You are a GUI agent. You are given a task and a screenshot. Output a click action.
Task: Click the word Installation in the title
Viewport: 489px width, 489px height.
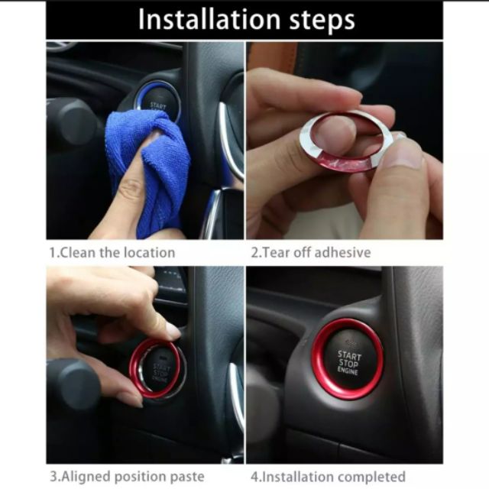209,20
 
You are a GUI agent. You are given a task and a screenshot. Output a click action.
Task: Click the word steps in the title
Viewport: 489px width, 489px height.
322,21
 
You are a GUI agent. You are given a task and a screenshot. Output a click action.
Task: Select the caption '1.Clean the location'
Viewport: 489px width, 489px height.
112,253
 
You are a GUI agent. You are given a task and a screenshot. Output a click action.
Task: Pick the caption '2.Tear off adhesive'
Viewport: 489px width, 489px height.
311,252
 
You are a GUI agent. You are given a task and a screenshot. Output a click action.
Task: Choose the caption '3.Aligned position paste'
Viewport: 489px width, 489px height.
128,477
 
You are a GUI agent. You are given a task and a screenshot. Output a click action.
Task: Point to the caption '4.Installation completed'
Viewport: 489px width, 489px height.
328,477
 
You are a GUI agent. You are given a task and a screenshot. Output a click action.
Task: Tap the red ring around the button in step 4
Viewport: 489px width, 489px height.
314,358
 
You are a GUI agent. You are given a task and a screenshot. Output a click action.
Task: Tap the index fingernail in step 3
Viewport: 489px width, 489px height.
173,332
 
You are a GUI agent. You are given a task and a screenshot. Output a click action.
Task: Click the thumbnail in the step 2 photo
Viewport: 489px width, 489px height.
407,153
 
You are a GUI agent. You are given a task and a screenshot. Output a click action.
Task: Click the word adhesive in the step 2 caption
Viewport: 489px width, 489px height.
342,252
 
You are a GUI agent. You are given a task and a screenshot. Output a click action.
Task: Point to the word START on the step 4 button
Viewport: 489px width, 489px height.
349,355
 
